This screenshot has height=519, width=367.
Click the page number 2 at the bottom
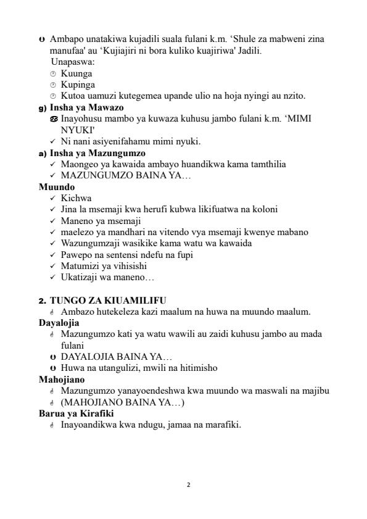[189, 484]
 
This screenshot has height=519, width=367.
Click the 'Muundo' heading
[57, 186]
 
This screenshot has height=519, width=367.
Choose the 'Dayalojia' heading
[59, 322]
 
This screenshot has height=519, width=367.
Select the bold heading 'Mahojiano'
[62, 379]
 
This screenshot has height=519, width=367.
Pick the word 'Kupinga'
[78, 85]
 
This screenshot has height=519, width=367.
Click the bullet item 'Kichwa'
[76, 198]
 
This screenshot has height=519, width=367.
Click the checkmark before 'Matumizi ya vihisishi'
[52, 266]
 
